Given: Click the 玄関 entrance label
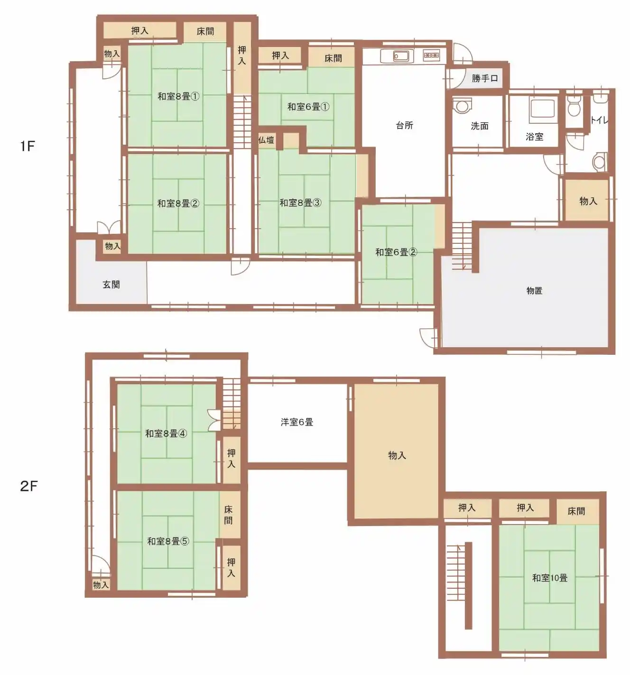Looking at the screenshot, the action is click(111, 285).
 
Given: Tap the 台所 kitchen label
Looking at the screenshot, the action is click(405, 125).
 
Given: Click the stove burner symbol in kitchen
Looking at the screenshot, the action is click(431, 55).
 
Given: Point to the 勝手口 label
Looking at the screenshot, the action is click(485, 78).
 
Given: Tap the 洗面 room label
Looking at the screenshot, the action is click(480, 126).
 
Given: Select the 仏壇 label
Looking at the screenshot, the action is click(266, 140).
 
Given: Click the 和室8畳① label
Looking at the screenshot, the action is click(178, 96).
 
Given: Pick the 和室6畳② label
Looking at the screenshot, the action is click(396, 252).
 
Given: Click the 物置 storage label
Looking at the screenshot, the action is click(534, 291).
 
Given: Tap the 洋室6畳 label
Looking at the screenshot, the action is click(297, 422).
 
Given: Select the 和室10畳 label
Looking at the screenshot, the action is click(550, 578).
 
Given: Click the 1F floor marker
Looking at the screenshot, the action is click(28, 147).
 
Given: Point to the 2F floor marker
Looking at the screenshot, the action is click(28, 486).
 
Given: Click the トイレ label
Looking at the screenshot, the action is click(599, 120).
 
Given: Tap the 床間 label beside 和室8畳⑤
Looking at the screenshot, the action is click(228, 515).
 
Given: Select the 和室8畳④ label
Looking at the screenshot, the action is click(166, 434).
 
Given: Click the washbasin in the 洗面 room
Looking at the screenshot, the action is click(463, 106).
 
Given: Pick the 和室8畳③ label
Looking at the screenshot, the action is click(300, 203).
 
